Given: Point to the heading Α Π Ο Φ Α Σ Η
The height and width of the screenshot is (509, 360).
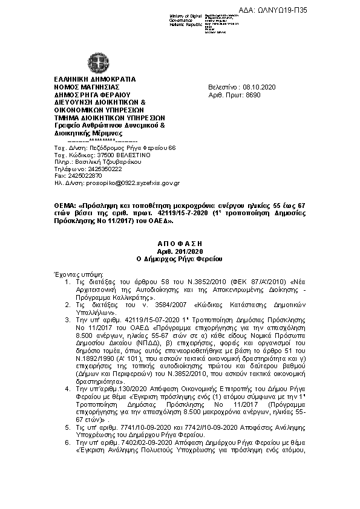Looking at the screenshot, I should [180, 242].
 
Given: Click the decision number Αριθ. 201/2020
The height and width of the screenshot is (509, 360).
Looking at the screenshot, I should [180, 250].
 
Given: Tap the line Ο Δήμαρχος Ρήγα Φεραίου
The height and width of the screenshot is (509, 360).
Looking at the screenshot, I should [180, 259].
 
